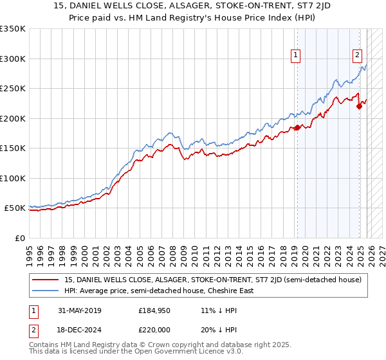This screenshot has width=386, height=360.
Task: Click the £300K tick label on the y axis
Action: [13, 59]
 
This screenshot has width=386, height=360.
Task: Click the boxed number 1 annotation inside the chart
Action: [296, 55]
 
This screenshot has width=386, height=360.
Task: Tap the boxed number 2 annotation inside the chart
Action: [357, 55]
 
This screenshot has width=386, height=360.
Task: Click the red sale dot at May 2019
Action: [297, 127]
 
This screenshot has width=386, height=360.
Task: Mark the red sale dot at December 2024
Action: [359, 107]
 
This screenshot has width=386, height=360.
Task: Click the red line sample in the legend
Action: [46, 280]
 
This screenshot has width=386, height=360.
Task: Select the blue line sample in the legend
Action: [46, 291]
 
